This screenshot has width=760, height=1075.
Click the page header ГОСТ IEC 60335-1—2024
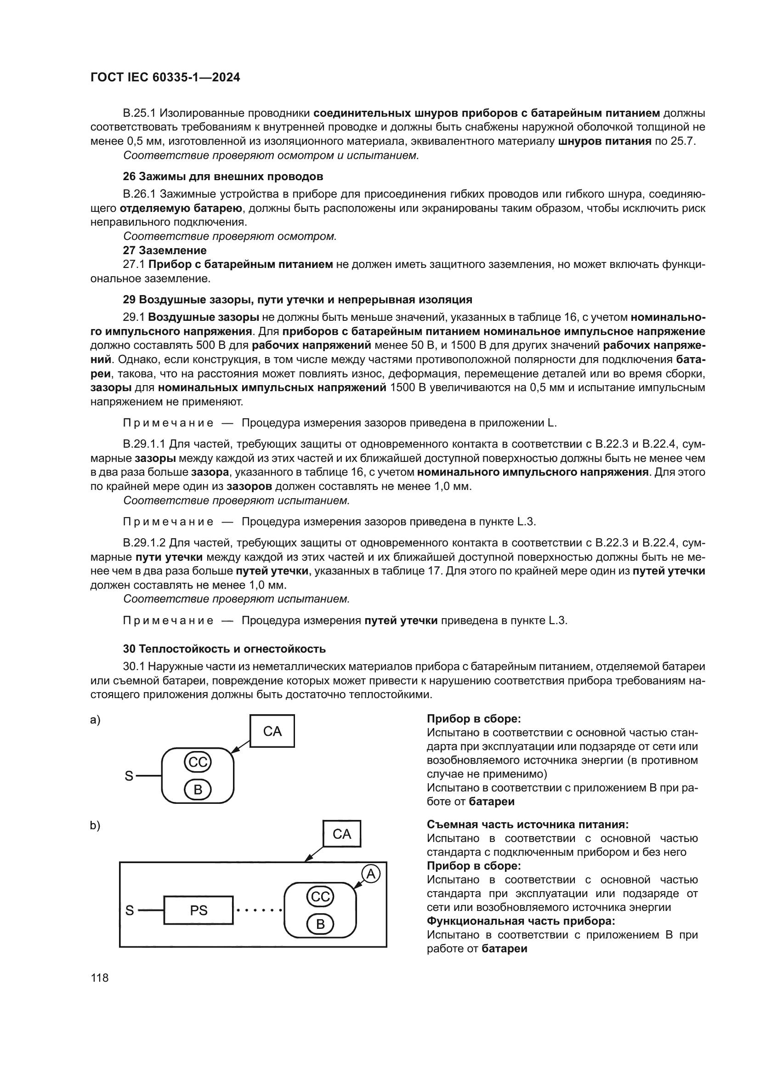point(165,78)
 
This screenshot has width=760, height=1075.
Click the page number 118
point(100,978)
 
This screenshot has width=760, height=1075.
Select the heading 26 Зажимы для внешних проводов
point(223,176)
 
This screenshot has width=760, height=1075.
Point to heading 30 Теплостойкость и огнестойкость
point(224,648)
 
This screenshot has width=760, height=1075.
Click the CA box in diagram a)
point(272,731)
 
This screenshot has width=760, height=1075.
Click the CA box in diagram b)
point(341,833)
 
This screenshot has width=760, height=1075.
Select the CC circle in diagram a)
point(198,762)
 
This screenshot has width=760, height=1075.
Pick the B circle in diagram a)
point(198,790)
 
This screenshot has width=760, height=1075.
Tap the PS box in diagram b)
point(199,910)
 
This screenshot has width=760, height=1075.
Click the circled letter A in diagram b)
point(371,874)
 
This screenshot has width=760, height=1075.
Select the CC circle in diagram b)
point(320,897)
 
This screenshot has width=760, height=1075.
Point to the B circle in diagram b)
point(320,924)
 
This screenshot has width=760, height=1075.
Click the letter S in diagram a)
point(129,776)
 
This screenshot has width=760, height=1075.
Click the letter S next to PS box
point(130,910)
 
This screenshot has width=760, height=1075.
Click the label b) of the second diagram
point(95,825)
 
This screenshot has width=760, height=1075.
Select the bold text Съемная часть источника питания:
point(527,825)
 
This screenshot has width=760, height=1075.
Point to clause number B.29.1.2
point(144,543)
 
